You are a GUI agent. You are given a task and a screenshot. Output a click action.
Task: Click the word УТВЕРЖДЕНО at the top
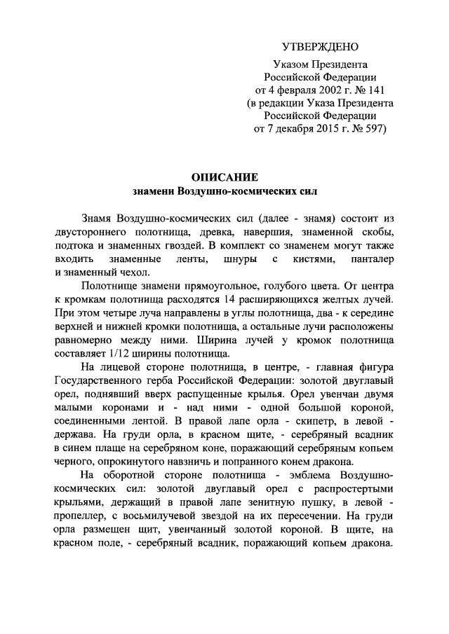[x=320, y=47]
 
